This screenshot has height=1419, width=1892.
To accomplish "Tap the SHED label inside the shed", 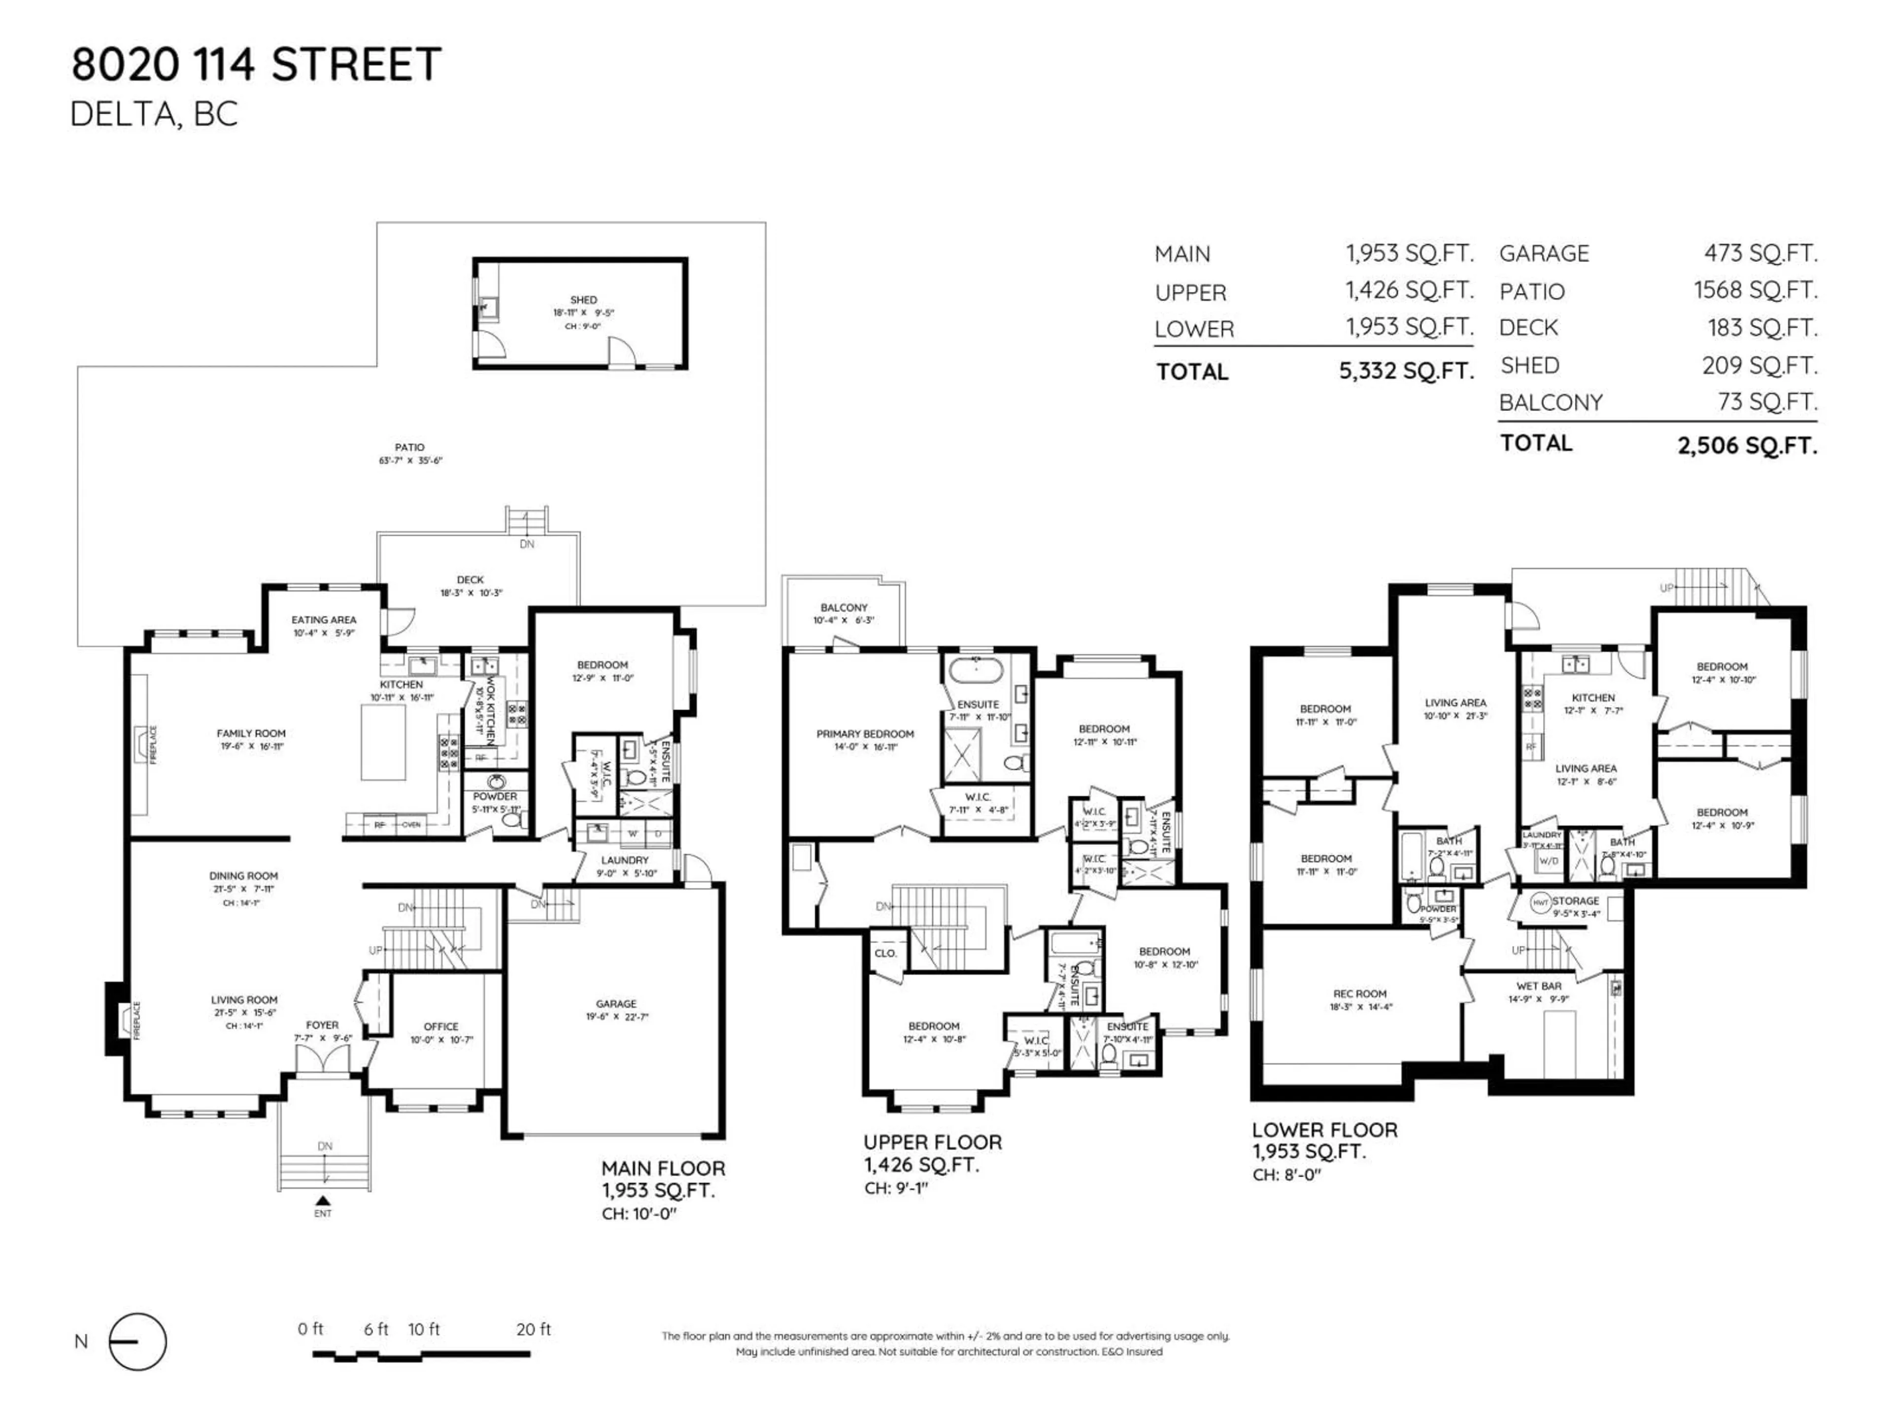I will (583, 300).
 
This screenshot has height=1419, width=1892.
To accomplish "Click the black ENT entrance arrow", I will (322, 1201).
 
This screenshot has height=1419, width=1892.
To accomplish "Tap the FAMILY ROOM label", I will (251, 734).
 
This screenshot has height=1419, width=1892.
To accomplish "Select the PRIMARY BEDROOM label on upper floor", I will (865, 734).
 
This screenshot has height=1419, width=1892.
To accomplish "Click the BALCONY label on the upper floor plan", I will (844, 608).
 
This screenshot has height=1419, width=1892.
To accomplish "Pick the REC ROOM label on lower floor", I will (1359, 994).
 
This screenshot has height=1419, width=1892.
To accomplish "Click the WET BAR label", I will (1539, 986).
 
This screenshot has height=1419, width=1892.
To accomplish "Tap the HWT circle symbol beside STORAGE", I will (1540, 902).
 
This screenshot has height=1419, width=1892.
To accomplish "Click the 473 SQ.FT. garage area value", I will (1760, 253).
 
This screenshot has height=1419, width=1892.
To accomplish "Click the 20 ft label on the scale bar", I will (534, 1329).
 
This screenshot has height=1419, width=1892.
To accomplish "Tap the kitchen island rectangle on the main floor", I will (382, 744).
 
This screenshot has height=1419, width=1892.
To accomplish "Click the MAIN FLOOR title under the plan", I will (663, 1168).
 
